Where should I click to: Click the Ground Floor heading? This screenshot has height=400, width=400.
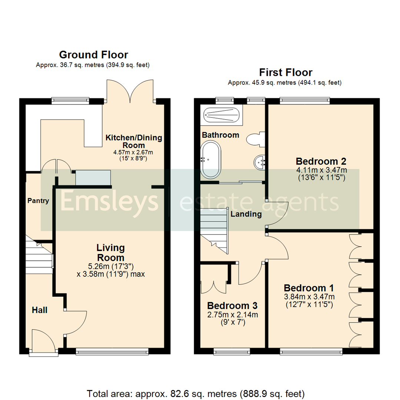(x=93, y=55)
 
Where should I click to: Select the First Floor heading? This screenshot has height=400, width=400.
(x=286, y=72)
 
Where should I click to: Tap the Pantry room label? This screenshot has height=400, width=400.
(x=38, y=201)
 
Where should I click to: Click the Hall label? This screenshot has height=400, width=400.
(x=39, y=310)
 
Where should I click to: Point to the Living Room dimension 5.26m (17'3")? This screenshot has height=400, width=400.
(x=110, y=266)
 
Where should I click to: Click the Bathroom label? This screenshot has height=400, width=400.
(x=220, y=135)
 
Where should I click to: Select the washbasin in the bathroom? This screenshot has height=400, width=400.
(x=259, y=162)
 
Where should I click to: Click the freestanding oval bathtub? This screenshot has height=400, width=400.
(x=210, y=160)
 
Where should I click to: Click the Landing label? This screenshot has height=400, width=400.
(x=246, y=214)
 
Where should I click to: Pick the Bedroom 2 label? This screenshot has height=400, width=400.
(x=321, y=161)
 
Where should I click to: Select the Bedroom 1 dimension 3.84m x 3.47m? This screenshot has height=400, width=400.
(x=309, y=297)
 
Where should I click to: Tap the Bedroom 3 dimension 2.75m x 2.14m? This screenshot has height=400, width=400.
(x=232, y=315)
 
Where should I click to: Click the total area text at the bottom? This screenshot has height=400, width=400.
(x=196, y=393)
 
